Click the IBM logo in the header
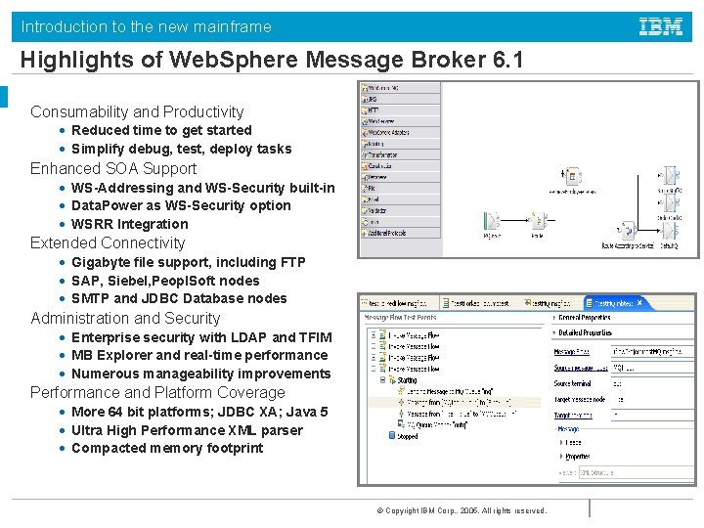[661, 26]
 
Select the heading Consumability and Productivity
[137, 111]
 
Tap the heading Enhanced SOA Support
[113, 168]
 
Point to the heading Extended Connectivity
[108, 242]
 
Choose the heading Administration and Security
[125, 318]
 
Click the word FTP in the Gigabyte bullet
[290, 262]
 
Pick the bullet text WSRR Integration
[129, 224]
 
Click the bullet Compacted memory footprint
[167, 448]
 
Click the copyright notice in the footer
[462, 510]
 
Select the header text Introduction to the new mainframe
[147, 26]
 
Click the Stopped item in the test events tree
[407, 436]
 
